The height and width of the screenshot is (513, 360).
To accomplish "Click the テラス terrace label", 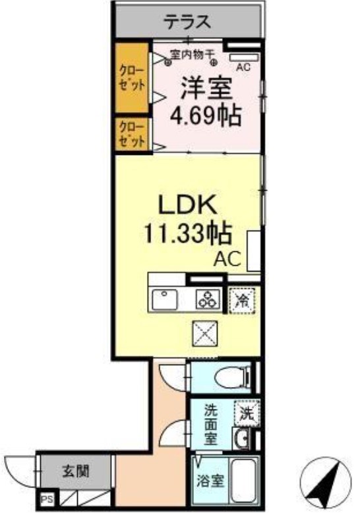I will [187, 22].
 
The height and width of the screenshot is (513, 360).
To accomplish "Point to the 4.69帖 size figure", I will [205, 117].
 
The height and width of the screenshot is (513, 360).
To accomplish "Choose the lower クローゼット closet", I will [132, 134].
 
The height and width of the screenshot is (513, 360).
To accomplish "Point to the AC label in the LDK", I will [226, 259].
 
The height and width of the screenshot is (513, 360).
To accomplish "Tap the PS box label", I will [47, 500].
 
